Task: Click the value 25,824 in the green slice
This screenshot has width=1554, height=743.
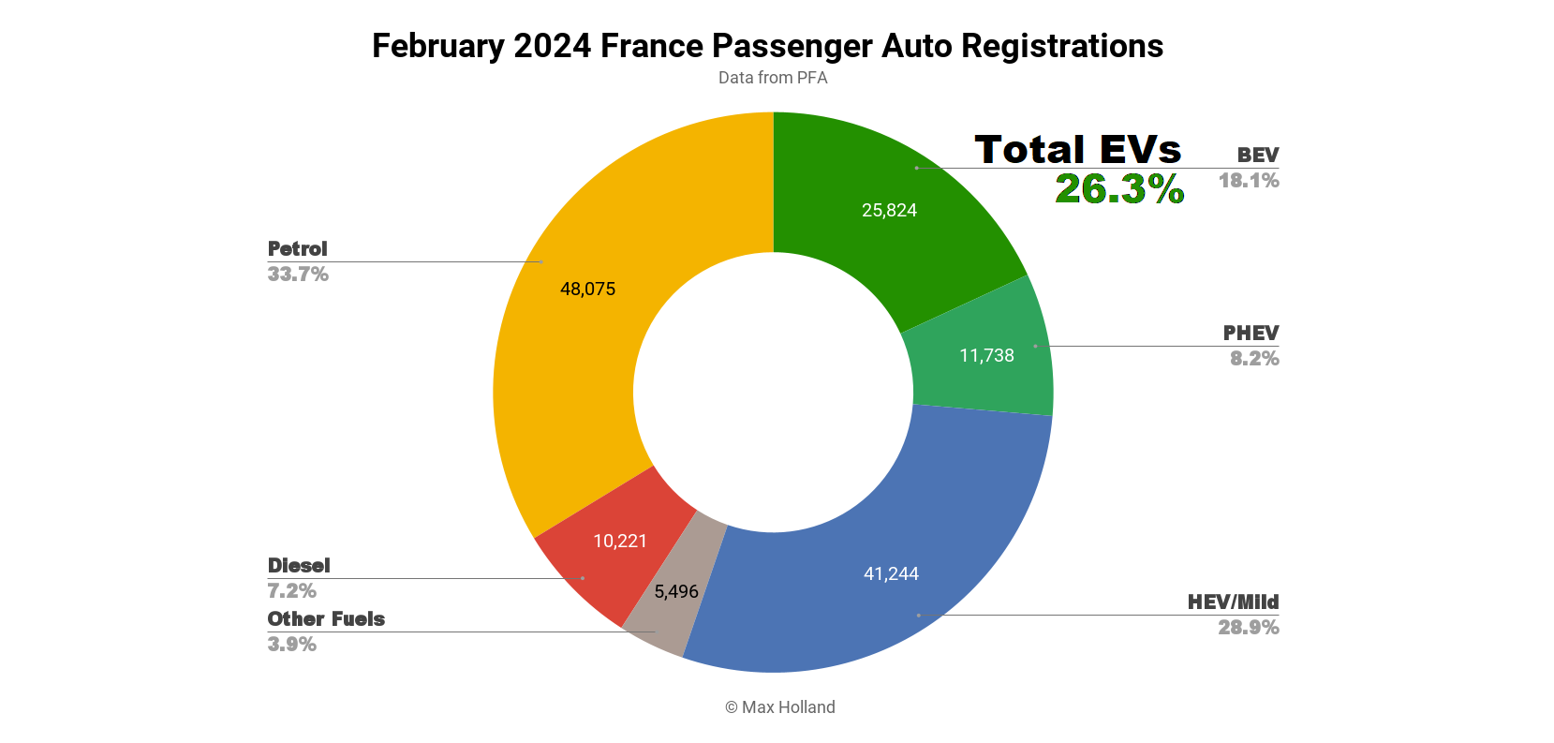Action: point(889,211)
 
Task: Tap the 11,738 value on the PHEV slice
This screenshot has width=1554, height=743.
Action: point(986,356)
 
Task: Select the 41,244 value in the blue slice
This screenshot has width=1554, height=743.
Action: point(891,574)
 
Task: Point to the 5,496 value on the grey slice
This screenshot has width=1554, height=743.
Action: point(676,592)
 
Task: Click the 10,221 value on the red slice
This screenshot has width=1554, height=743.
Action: point(620,542)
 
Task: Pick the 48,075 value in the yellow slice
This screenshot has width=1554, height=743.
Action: point(587,290)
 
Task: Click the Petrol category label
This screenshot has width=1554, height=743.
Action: point(297,249)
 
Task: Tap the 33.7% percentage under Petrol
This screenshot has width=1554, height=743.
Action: point(298,275)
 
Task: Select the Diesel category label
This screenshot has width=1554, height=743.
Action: point(299,566)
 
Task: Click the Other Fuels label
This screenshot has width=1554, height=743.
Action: point(326,619)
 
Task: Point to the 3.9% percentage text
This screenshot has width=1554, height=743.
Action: point(291,645)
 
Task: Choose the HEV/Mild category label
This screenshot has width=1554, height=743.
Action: point(1233,602)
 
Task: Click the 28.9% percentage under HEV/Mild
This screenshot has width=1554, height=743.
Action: point(1248,628)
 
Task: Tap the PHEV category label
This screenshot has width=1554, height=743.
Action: point(1251,334)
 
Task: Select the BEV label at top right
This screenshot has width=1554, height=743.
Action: point(1257,156)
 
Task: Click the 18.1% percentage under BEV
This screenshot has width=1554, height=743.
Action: point(1248,181)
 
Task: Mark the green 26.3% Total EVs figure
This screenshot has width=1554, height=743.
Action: point(1119,189)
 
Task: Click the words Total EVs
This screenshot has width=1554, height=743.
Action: point(1077,150)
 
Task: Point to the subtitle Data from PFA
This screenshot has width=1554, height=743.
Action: point(773,78)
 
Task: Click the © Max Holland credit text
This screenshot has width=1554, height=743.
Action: point(779,707)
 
